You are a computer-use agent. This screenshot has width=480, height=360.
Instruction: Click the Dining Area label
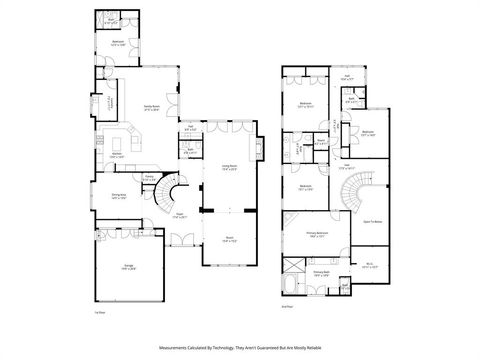click(120, 197)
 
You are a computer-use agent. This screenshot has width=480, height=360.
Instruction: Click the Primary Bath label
click(321, 271)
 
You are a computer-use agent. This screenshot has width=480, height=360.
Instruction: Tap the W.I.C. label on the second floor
click(370, 265)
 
